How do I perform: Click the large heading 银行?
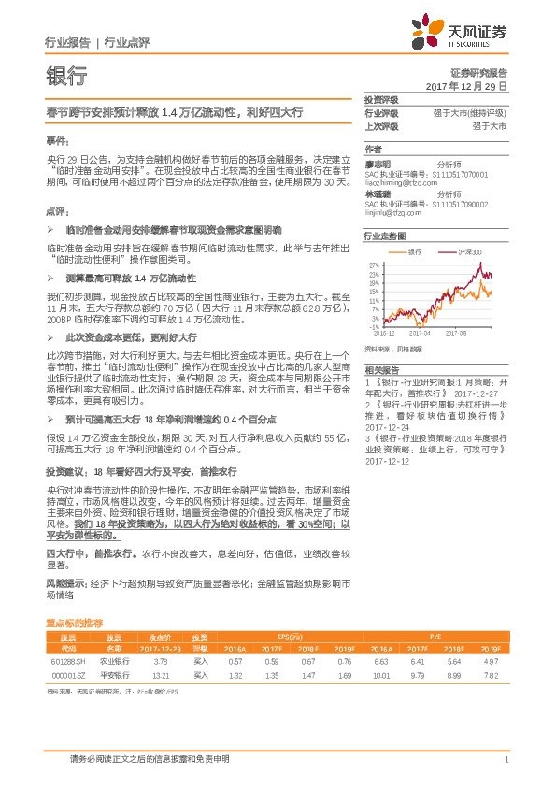click(66, 77)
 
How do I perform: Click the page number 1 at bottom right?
click(505, 760)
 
